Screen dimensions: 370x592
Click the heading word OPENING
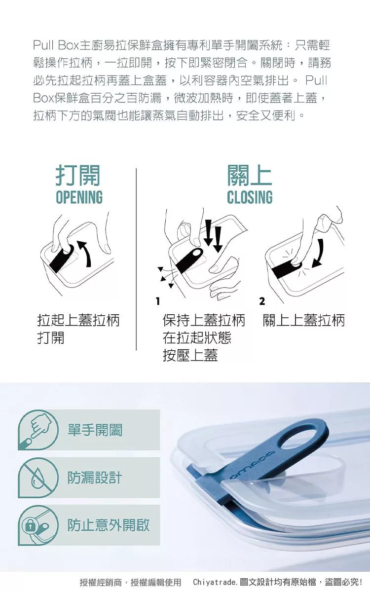coord(79,197)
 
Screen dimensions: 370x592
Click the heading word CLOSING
coord(250,197)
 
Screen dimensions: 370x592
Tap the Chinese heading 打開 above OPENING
coord(78,175)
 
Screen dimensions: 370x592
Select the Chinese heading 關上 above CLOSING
coord(250,175)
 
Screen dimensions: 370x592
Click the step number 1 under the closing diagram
coord(158,301)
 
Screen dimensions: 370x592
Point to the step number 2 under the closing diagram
coord(262,301)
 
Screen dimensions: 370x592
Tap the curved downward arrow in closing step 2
coord(319,253)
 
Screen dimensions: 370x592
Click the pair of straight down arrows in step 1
coord(213,235)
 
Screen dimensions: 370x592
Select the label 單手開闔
coord(95,430)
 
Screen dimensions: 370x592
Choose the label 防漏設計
coord(95,478)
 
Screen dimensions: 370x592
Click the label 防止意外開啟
coord(109,525)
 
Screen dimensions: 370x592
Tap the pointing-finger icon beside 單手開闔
coord(38,430)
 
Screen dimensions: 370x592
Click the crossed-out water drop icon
coord(38,478)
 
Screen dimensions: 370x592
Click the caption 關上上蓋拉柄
coord(304,320)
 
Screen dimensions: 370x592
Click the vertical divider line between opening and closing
coord(136,259)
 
